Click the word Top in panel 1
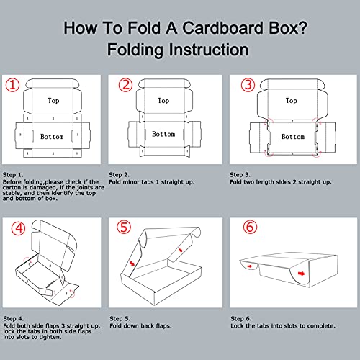coord(54,101)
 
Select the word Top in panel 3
coord(291,101)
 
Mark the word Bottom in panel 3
coord(293,136)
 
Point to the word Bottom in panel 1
coord(52,136)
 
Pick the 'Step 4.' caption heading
coord(14,318)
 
